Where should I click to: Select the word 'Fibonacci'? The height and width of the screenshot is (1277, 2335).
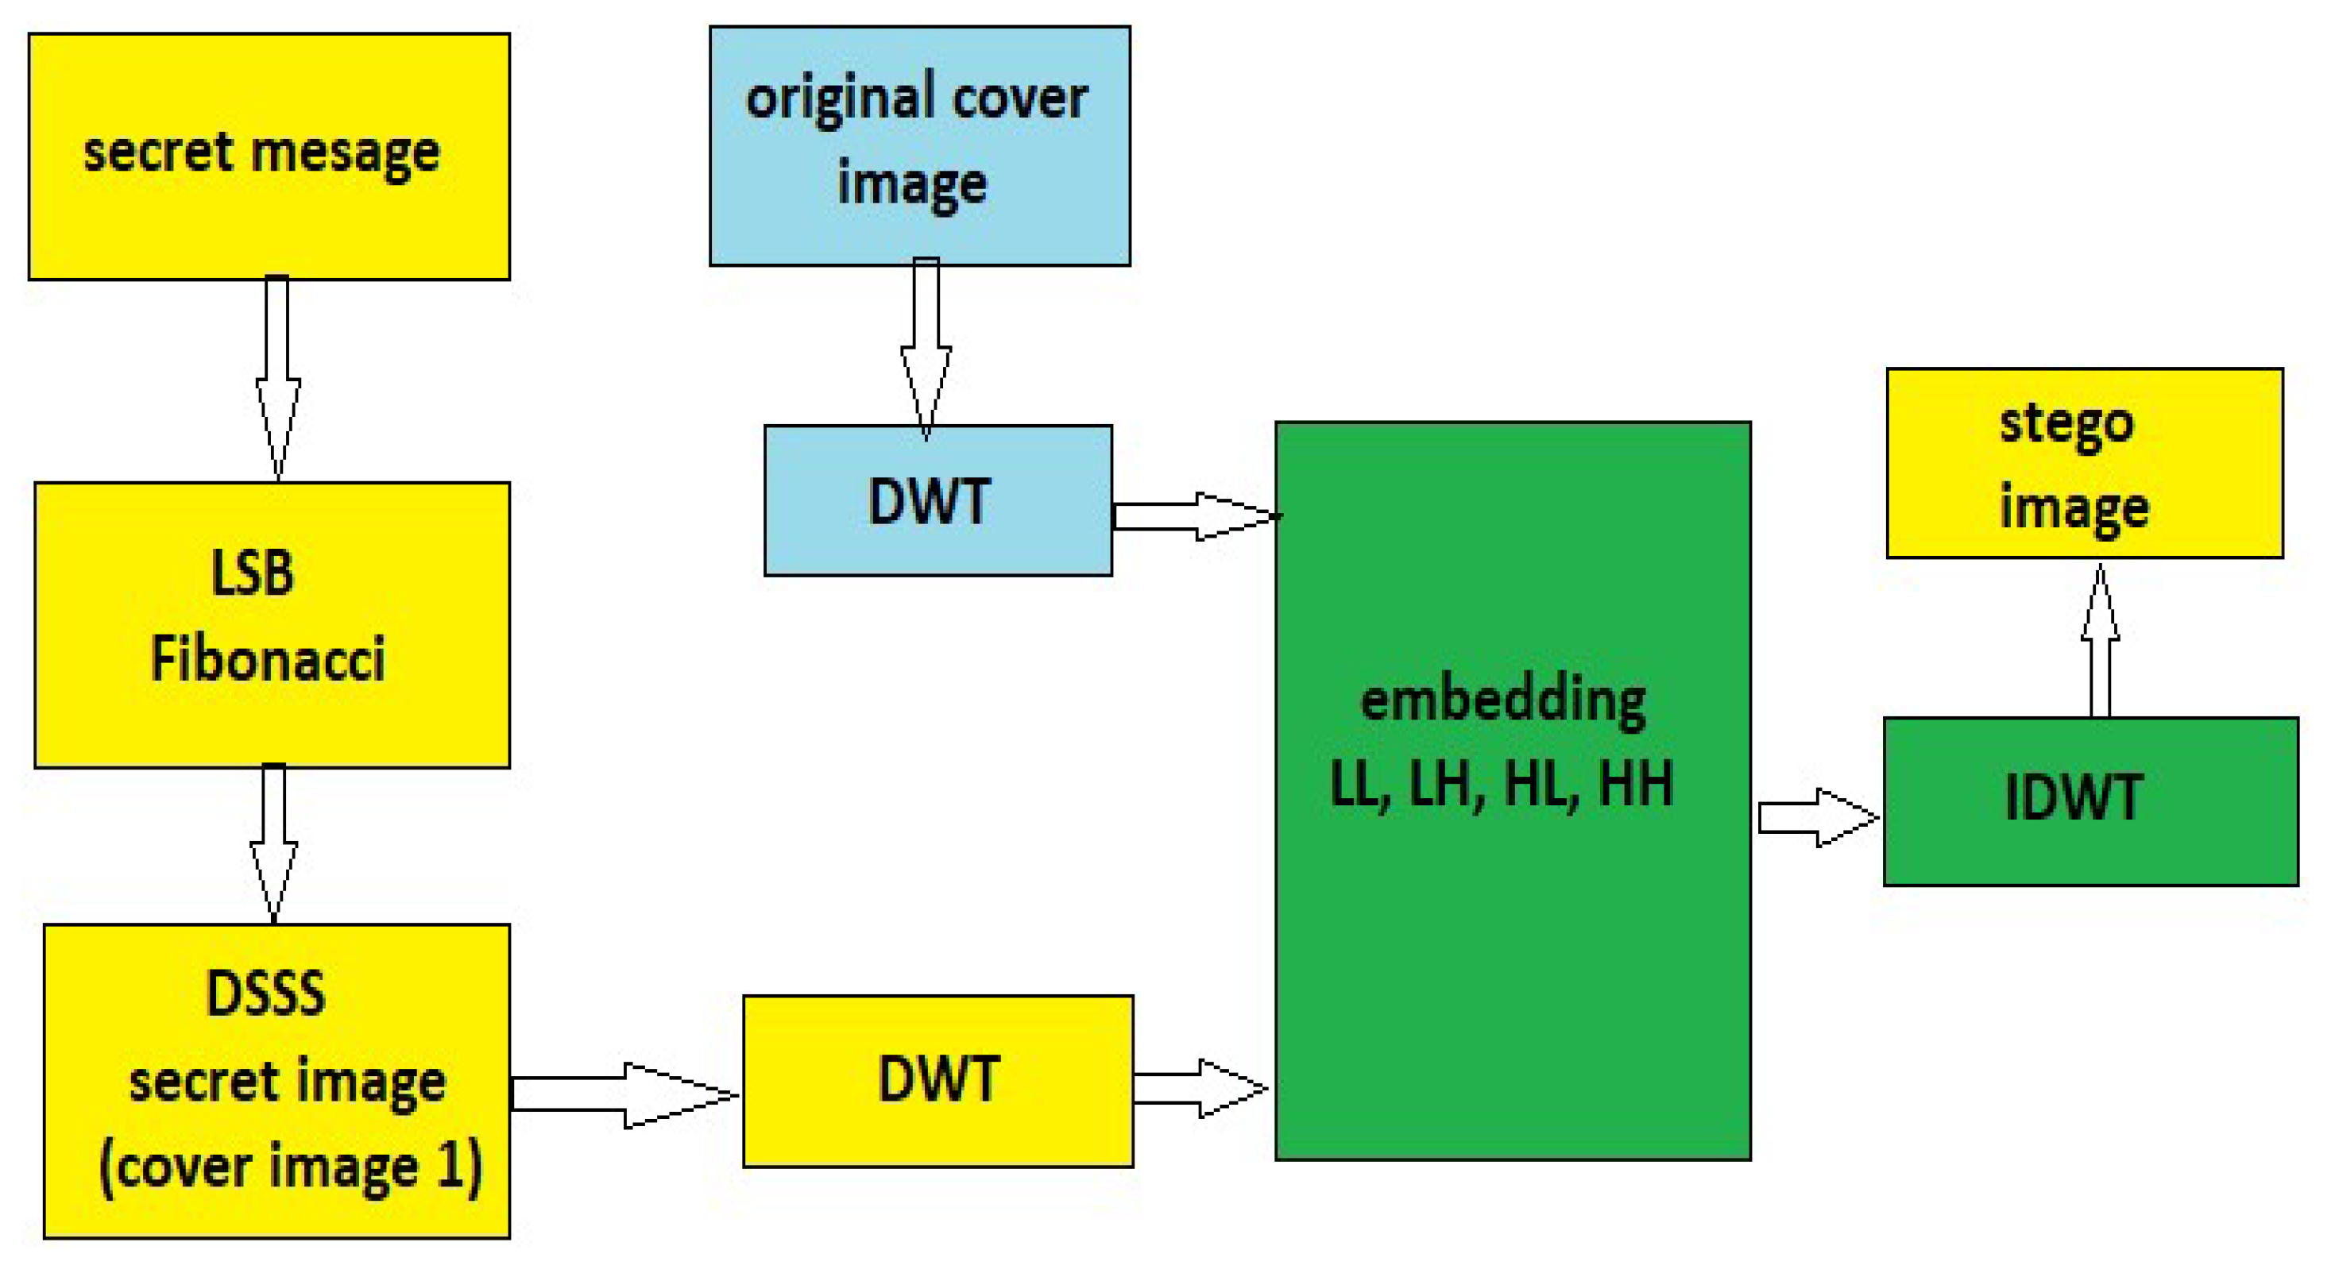pos(268,659)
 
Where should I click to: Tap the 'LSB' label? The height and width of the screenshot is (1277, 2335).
pos(252,573)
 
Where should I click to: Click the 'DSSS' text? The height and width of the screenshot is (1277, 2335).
pos(265,993)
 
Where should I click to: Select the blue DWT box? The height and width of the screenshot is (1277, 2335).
pos(937,500)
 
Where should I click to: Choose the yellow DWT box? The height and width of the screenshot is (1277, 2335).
pos(937,1080)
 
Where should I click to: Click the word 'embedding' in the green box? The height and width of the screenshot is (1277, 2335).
pos(1503,700)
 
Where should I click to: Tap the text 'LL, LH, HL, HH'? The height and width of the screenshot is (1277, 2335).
pos(1501,785)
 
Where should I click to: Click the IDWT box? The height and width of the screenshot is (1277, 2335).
pos(2090,801)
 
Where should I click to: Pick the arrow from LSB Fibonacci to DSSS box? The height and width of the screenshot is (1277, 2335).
pos(274,843)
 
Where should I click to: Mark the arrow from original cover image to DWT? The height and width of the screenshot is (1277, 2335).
pos(926,349)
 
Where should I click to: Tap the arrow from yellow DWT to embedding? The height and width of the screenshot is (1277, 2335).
pos(1198,1087)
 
